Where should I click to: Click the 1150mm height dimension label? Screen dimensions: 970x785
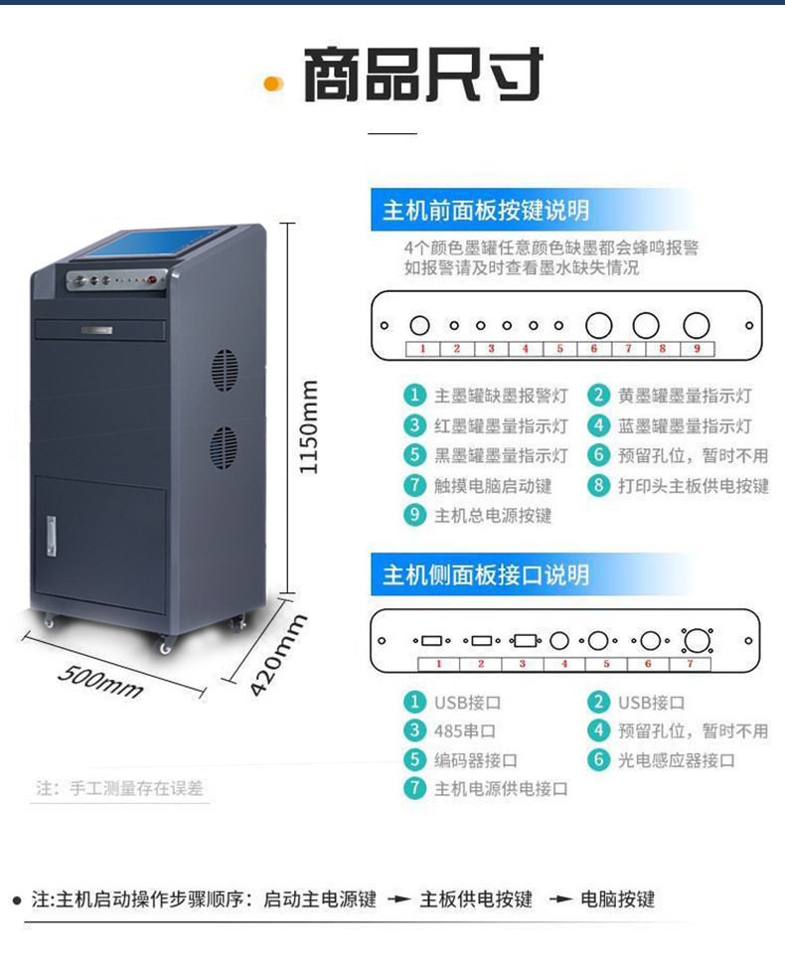coord(310,425)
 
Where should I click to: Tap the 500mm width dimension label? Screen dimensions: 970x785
coord(99,681)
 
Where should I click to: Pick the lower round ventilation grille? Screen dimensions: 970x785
coord(223,448)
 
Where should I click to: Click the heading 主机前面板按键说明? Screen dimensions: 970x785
coord(486,211)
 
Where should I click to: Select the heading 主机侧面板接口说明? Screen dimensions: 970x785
coord(486,575)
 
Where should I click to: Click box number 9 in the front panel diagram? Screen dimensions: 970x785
coord(697,349)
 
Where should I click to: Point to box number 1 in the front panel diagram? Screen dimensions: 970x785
coord(422,349)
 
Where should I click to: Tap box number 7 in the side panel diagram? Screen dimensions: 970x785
coord(692,663)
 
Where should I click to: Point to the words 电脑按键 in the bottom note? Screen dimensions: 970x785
coord(617,899)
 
